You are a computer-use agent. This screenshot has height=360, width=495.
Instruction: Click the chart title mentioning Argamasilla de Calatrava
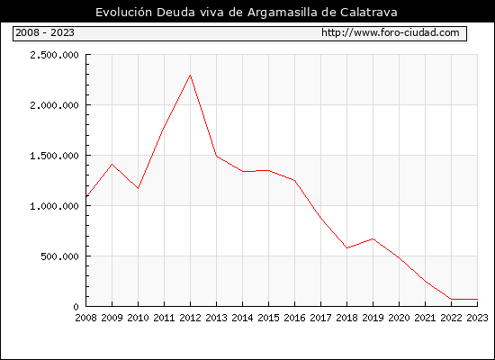(x=247, y=13)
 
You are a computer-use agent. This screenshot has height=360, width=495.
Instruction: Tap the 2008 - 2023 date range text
(x=45, y=32)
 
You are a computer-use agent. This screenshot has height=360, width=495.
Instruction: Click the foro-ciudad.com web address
(x=391, y=32)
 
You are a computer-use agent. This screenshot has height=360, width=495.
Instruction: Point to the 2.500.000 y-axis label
(x=54, y=55)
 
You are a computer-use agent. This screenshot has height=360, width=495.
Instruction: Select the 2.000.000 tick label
(x=54, y=105)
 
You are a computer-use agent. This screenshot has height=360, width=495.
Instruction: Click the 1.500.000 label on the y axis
(x=54, y=156)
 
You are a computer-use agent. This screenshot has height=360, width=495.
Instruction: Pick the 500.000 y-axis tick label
(x=59, y=256)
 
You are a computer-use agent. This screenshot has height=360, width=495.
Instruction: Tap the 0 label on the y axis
(x=76, y=307)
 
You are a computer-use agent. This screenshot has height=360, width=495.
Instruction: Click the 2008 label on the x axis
(x=85, y=318)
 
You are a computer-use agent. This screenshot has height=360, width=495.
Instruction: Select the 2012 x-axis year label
(x=191, y=318)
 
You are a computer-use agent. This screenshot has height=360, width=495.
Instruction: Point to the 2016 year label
(x=294, y=318)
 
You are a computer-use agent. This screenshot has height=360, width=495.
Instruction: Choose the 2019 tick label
(x=373, y=318)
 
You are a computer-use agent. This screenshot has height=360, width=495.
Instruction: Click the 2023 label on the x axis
(x=477, y=318)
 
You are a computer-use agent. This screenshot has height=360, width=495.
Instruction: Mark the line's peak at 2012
(x=191, y=75)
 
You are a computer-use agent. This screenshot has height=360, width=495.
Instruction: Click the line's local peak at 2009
(x=112, y=164)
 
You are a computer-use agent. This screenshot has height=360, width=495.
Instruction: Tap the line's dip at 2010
(x=138, y=188)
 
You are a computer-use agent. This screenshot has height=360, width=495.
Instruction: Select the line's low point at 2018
(x=346, y=247)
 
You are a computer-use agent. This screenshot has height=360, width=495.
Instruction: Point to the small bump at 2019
(x=373, y=238)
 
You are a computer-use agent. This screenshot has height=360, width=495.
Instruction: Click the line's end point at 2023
(x=477, y=299)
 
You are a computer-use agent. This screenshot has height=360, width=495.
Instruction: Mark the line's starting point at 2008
(x=86, y=197)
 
